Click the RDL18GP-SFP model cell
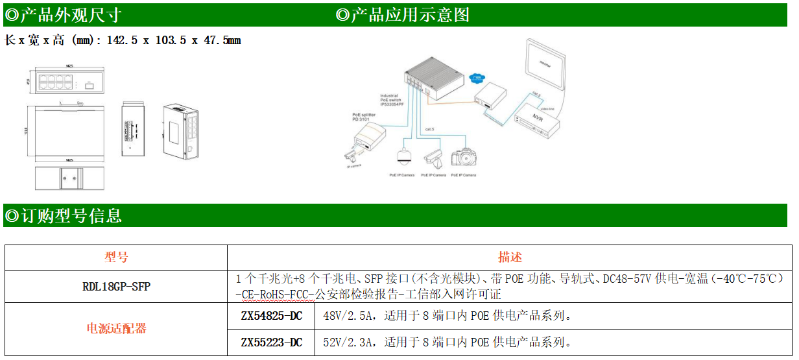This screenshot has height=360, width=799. pos(117,286)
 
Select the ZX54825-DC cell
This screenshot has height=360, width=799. pos(271,316)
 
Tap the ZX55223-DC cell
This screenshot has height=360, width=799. pos(271,342)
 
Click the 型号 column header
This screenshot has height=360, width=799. pos(117,258)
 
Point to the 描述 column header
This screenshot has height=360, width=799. pos(510,258)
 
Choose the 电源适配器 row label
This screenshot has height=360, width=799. pos(117,329)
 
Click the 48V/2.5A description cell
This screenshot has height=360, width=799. pos(447,316)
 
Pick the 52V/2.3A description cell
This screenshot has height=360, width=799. pos(447,342)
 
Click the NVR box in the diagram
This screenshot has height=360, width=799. pos(538,121)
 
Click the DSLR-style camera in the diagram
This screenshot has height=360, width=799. pos(464,158)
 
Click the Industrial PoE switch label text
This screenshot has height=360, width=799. pos(392,100)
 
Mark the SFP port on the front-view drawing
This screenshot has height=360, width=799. pos(89,84)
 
